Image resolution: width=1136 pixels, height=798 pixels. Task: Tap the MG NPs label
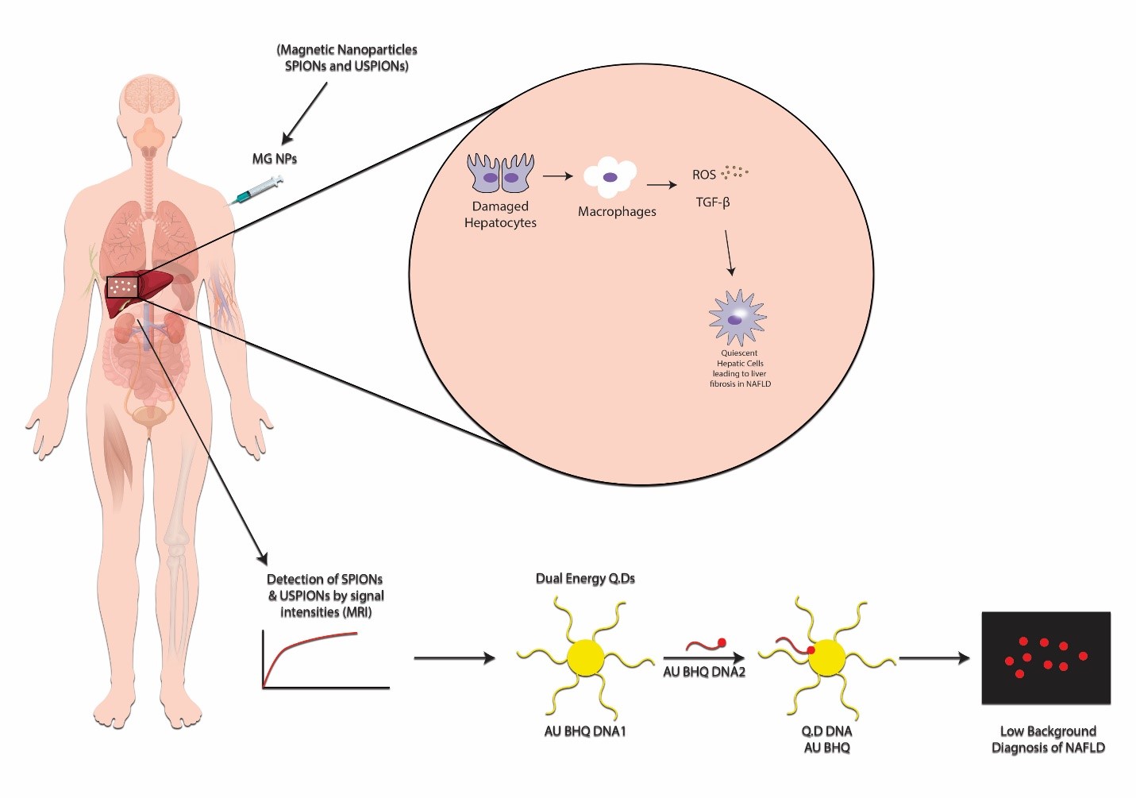click(274, 159)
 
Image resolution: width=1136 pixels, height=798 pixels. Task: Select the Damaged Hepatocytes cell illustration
click(500, 173)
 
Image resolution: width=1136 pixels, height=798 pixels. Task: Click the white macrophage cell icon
click(610, 177)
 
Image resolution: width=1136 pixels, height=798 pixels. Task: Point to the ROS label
click(703, 175)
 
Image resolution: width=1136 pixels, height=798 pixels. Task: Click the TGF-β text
click(712, 202)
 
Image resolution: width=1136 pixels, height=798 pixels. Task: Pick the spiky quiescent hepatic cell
click(737, 318)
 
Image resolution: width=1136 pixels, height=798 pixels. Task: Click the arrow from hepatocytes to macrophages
click(557, 175)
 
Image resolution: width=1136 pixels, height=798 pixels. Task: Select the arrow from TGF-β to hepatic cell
click(728, 253)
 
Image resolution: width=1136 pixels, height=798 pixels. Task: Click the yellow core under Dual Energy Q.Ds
click(586, 657)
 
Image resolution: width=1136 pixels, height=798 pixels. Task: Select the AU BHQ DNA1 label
click(585, 731)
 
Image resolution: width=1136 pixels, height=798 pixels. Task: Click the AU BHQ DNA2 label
click(704, 672)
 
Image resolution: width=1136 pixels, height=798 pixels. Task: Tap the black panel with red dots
click(1046, 657)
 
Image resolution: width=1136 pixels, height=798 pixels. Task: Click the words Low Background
click(1048, 731)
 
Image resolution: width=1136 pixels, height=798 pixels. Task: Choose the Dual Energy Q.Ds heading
click(585, 579)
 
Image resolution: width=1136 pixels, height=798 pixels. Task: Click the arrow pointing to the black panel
click(934, 657)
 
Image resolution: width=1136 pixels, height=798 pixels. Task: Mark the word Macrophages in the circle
click(617, 212)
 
